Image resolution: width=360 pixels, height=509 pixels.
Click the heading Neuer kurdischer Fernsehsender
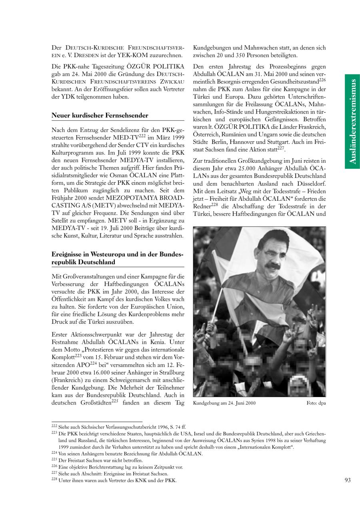[100, 116]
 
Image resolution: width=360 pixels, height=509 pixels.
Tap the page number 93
[347, 480]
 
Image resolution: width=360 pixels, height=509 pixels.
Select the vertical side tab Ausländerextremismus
[352, 121]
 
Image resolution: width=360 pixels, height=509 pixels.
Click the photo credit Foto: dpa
[316, 403]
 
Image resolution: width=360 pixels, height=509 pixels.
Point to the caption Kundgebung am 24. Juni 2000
[224, 403]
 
